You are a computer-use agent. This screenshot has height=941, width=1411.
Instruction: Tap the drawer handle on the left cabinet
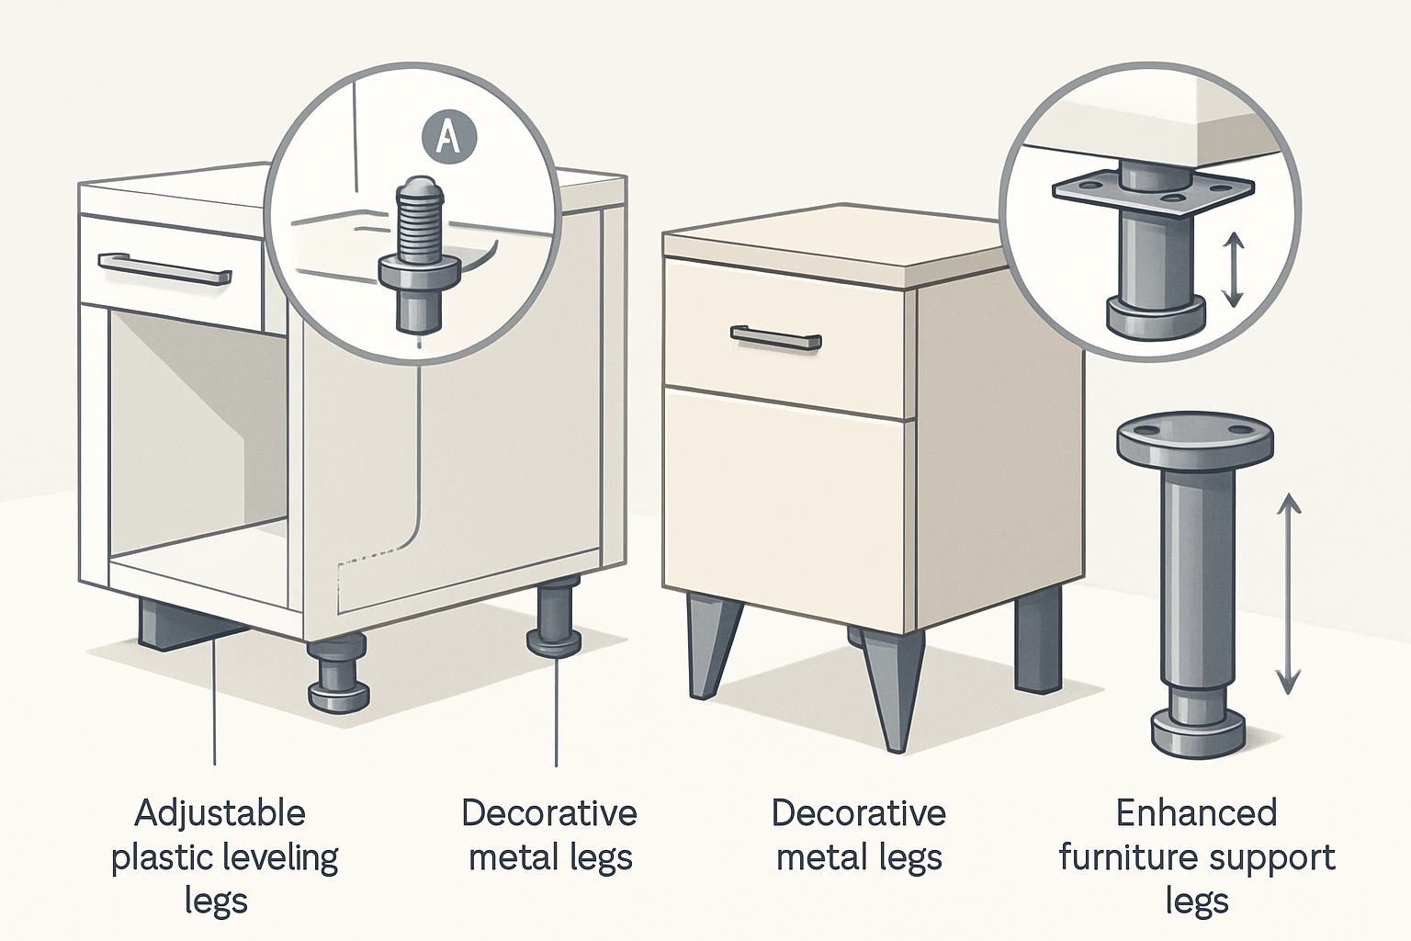point(164,270)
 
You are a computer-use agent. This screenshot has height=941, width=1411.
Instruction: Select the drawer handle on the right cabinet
point(775,339)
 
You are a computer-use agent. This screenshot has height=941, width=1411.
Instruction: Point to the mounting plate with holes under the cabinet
point(1153,196)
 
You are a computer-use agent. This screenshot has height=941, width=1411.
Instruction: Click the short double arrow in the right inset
point(1233,269)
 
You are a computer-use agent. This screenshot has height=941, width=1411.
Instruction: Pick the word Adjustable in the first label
point(220,813)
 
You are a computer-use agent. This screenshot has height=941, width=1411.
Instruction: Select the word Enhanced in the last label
point(1196,813)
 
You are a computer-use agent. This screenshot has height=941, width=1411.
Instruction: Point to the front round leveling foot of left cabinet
point(339,674)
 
